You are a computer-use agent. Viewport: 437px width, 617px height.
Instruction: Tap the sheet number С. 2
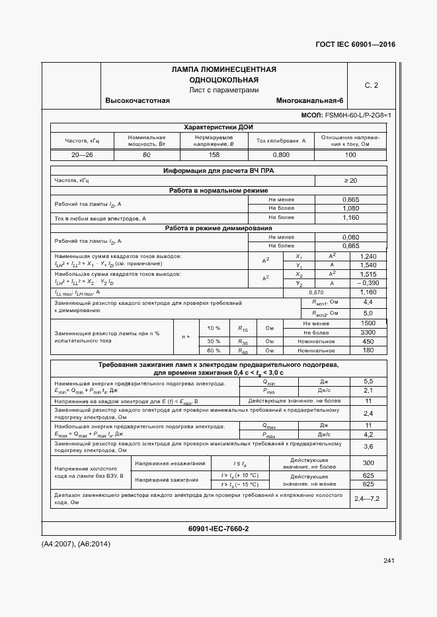click(x=372, y=85)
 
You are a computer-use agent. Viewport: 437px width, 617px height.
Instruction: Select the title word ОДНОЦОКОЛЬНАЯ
click(x=223, y=80)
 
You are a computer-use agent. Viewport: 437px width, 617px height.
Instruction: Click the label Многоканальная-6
click(x=310, y=100)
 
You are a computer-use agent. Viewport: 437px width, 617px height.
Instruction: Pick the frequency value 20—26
click(x=82, y=154)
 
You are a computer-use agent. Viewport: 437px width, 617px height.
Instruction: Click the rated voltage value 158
click(x=214, y=154)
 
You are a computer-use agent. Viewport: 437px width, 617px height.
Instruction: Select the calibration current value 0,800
click(x=281, y=154)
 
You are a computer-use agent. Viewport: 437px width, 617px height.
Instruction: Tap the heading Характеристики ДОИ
click(x=218, y=127)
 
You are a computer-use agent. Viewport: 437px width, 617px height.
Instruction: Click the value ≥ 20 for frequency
click(x=350, y=180)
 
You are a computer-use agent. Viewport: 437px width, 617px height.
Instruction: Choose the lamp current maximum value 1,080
click(x=350, y=208)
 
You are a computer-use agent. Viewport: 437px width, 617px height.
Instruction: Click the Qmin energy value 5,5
click(x=368, y=381)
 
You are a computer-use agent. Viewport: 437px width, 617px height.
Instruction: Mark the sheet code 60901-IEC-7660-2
click(x=218, y=529)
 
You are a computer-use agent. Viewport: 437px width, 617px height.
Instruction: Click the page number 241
click(x=388, y=561)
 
